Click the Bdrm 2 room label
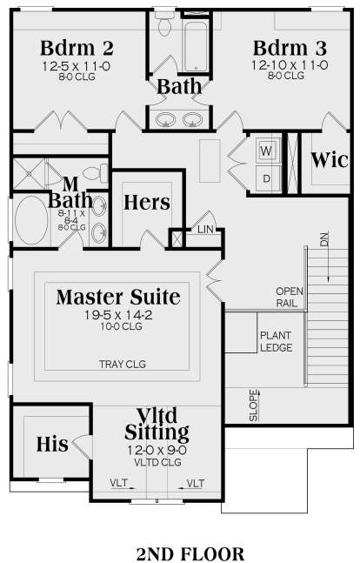[x=77, y=48]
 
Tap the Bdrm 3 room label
[x=290, y=48]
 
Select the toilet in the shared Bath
[x=164, y=23]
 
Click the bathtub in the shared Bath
[x=196, y=45]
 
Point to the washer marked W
[x=266, y=151]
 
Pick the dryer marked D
[x=266, y=178]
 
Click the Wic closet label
[x=330, y=160]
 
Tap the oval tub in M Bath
[x=31, y=220]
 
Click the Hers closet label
[x=147, y=202]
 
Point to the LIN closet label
[x=205, y=230]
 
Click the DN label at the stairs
[x=324, y=239]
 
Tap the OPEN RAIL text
[x=290, y=297]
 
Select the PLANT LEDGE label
[x=276, y=341]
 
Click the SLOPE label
[x=254, y=405]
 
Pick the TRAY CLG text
[x=123, y=364]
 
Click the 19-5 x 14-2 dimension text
[x=118, y=315]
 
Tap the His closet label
[x=52, y=444]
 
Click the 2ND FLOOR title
[x=190, y=553]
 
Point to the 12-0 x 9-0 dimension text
[x=157, y=450]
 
